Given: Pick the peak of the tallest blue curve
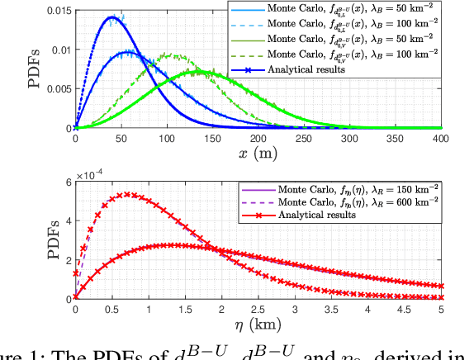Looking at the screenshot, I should [113, 17].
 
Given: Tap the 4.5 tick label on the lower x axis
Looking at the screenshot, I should [407, 310].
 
